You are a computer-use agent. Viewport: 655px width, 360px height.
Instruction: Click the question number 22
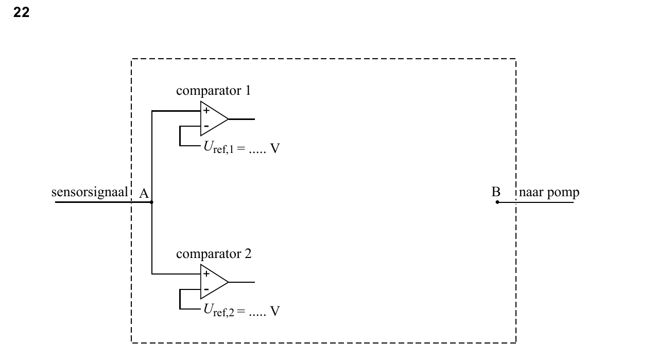pyautogui.click(x=21, y=12)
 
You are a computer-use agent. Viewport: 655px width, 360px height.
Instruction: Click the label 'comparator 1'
pyautogui.click(x=214, y=91)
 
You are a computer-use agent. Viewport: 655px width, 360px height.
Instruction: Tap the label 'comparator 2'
pyautogui.click(x=214, y=254)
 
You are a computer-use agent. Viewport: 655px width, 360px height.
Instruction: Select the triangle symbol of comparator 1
pyautogui.click(x=214, y=119)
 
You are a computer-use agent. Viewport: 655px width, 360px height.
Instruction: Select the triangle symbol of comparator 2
pyautogui.click(x=214, y=282)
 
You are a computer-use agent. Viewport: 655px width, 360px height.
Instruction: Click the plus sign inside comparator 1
pyautogui.click(x=206, y=111)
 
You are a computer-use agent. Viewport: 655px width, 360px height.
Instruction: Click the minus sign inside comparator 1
pyautogui.click(x=206, y=126)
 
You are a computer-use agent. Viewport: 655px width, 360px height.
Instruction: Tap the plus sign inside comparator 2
pyautogui.click(x=206, y=273)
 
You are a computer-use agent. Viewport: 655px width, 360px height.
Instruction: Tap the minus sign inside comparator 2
pyautogui.click(x=206, y=289)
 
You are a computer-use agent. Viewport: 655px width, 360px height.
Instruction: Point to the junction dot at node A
pyautogui.click(x=151, y=202)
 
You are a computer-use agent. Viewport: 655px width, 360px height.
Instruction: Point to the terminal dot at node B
pyautogui.click(x=497, y=202)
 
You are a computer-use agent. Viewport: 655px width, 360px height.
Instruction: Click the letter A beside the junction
pyautogui.click(x=144, y=194)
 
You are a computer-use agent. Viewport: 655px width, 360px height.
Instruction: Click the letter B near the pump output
pyautogui.click(x=496, y=192)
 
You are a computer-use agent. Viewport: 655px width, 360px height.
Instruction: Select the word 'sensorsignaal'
pyautogui.click(x=90, y=193)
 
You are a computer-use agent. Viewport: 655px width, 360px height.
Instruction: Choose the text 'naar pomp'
pyautogui.click(x=549, y=193)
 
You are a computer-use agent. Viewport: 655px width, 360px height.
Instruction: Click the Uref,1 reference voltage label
pyautogui.click(x=242, y=147)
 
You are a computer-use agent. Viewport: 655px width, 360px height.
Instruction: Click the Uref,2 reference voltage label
pyautogui.click(x=242, y=311)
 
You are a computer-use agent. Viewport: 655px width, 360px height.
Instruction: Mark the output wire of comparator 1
pyautogui.click(x=242, y=119)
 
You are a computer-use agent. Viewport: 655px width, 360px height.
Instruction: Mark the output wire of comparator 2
pyautogui.click(x=242, y=282)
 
